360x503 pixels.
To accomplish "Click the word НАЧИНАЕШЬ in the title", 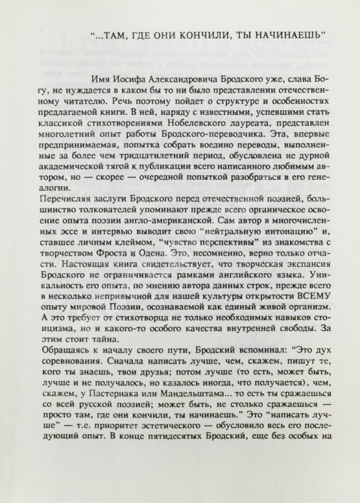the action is pos(293,34).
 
